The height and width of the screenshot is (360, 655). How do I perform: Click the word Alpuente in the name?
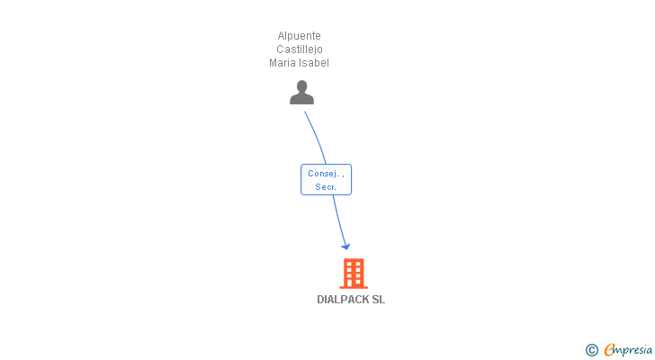pos(300,36)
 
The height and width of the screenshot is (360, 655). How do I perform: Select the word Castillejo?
pos(300,49)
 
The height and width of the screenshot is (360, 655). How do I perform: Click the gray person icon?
pos(301,93)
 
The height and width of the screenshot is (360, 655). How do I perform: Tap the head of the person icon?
pos(301,86)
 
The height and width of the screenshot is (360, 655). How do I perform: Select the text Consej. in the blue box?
pos(323,174)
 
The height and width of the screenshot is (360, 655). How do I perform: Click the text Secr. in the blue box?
pos(325,187)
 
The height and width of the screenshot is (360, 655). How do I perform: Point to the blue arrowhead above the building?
pos(345,246)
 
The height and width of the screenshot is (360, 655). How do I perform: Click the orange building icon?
pos(354,274)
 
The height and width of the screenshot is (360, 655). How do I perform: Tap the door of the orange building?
pos(354,283)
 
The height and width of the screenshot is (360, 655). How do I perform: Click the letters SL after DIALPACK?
pos(379,300)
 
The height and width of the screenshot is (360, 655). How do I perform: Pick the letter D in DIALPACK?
pos(321,300)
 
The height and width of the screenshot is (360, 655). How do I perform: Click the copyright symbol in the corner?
pos(591,350)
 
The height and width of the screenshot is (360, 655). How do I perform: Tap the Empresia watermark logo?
pos(628,349)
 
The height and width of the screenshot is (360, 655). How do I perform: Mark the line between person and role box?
pos(317,137)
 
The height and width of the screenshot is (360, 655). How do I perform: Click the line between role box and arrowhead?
pos(338,219)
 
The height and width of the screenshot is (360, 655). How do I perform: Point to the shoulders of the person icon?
pos(301,99)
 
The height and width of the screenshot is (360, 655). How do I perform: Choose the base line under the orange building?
pos(354,287)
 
